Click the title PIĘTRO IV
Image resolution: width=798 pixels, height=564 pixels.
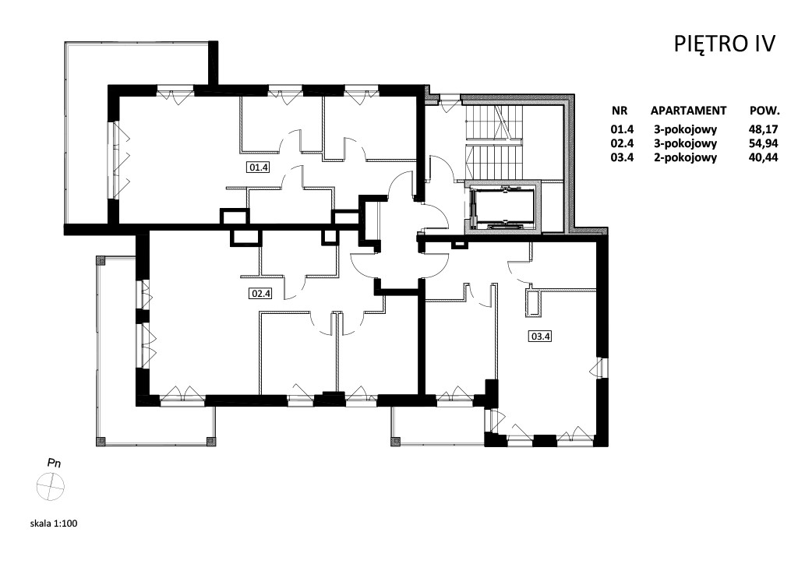point(724,44)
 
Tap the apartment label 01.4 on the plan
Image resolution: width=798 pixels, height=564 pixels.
point(259,167)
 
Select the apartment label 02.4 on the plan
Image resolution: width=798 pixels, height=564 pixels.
point(260,294)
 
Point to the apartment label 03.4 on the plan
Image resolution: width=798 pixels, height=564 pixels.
point(541,337)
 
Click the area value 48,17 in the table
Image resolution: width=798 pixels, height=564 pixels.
point(764,129)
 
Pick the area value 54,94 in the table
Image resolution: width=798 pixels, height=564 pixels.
point(764,143)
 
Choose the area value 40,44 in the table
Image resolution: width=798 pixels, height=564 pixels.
point(764,157)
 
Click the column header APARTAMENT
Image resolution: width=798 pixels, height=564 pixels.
point(688,111)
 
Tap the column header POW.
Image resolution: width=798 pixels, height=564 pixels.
point(765,111)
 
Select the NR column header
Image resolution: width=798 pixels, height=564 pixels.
point(620,111)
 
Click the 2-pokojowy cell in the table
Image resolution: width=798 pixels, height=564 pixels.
point(686,157)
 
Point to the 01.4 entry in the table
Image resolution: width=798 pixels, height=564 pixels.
point(622,129)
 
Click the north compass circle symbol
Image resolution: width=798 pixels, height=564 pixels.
point(51,487)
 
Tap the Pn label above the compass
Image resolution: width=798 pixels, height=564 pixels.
point(54,464)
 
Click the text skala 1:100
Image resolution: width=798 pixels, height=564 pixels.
point(54,523)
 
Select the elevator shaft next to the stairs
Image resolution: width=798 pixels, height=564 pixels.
point(503,206)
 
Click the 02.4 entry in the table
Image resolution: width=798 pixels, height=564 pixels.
point(622,143)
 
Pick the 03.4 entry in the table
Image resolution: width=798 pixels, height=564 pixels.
point(622,157)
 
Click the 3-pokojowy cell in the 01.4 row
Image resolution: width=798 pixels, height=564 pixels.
point(686,129)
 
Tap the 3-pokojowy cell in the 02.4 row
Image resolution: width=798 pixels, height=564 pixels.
point(686,143)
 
